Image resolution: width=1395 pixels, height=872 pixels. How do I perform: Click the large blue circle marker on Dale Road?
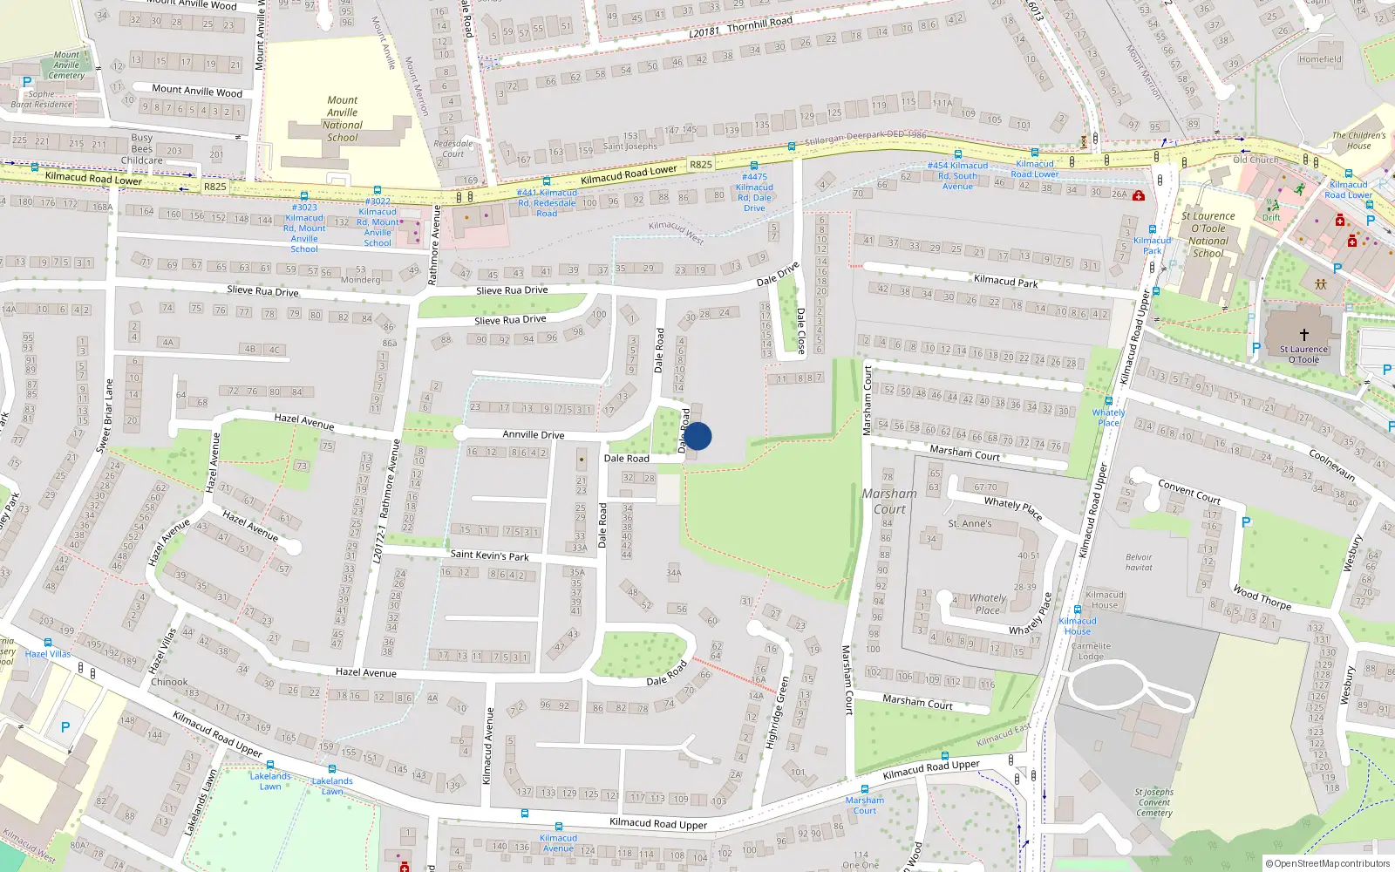pos(697,436)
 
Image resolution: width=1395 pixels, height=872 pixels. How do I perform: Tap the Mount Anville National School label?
pos(343,119)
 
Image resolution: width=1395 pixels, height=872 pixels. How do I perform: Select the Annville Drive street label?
pos(533,434)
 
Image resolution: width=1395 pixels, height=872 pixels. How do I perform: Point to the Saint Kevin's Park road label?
pos(489,555)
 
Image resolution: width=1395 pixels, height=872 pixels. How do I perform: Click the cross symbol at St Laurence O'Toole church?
pos(1304,335)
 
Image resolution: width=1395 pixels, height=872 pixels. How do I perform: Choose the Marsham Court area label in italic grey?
pos(889,501)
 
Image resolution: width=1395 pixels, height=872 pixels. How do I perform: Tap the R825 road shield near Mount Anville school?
pos(214,187)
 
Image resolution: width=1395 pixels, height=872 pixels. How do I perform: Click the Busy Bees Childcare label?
pos(142,149)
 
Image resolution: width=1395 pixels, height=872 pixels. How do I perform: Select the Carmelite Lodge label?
pos(1091,651)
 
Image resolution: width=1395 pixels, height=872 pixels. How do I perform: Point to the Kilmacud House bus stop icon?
pos(1077,610)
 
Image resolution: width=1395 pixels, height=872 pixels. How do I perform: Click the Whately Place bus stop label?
pos(1108,418)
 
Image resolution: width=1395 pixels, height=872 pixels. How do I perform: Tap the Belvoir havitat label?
pos(1139,562)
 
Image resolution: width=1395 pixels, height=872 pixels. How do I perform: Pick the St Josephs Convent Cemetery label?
pos(1154,802)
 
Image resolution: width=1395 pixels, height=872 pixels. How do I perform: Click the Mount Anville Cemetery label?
pos(66,65)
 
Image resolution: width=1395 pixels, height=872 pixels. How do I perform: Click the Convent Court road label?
pos(1188,491)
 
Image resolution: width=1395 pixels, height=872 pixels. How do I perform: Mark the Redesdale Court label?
pos(453,148)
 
